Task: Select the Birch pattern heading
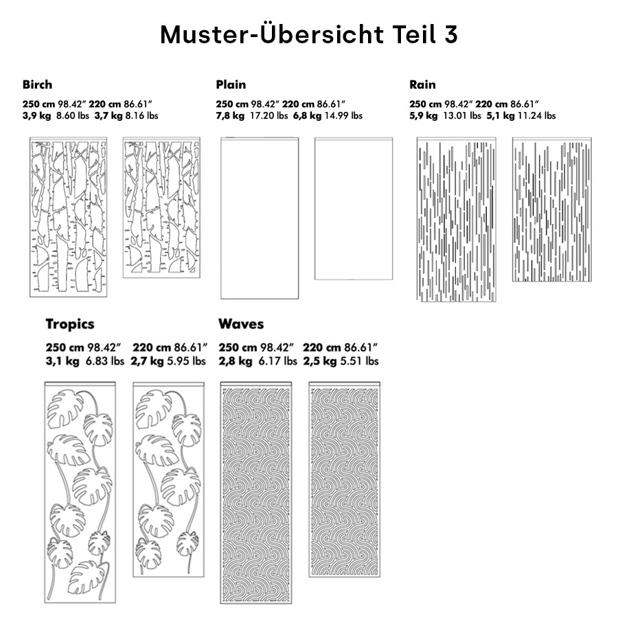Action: coord(37,85)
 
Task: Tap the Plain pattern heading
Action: coord(231,85)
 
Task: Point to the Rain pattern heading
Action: coord(422,85)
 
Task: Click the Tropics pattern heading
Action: coord(70,324)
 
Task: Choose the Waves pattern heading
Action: coord(241,324)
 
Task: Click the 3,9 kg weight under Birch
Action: coord(37,115)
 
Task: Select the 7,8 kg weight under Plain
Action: coord(230,115)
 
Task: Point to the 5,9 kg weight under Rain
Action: coord(424,115)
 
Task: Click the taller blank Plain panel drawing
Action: coord(260,218)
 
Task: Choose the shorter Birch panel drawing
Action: coord(161,207)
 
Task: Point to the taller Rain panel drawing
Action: coord(456,220)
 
